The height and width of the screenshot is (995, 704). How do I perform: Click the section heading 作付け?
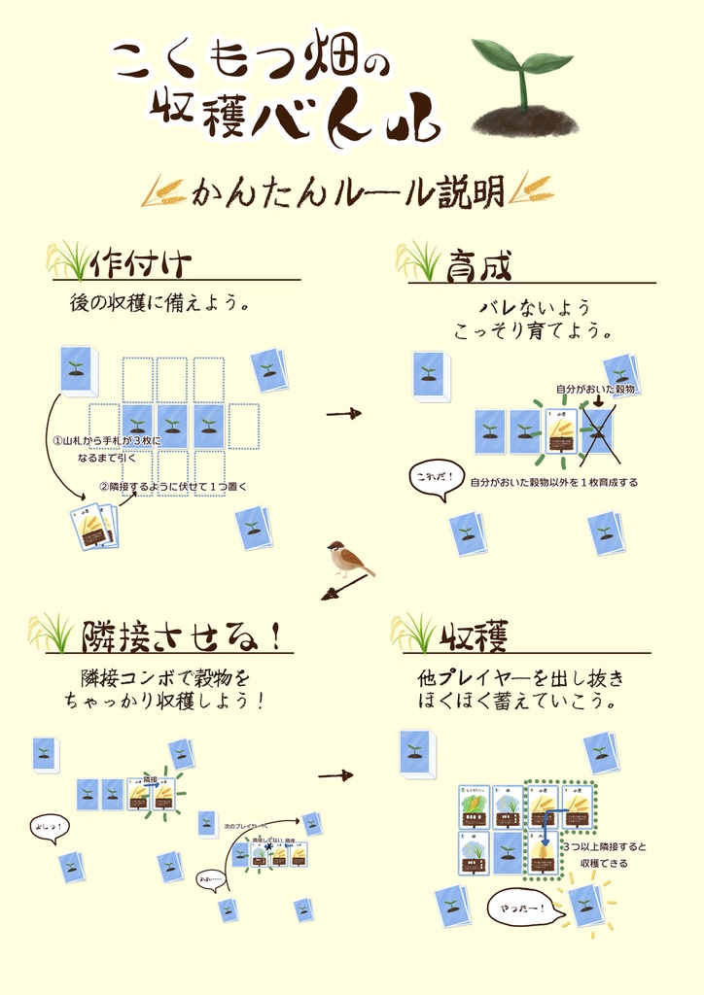(x=141, y=263)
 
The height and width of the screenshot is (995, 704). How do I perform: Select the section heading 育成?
(x=479, y=264)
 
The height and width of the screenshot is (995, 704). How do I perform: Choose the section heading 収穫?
(x=475, y=636)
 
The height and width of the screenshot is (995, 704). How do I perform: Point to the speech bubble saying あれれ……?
(x=212, y=879)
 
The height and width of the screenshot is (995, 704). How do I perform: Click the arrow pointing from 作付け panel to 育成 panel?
(x=342, y=413)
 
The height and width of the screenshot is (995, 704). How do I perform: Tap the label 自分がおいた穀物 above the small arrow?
(x=595, y=389)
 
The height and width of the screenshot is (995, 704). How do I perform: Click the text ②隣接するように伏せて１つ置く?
(x=174, y=486)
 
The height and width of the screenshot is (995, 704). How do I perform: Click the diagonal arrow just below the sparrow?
(x=344, y=588)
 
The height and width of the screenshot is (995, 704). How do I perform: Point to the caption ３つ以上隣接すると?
(x=604, y=846)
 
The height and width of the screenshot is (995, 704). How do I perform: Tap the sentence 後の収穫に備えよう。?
(x=160, y=303)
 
